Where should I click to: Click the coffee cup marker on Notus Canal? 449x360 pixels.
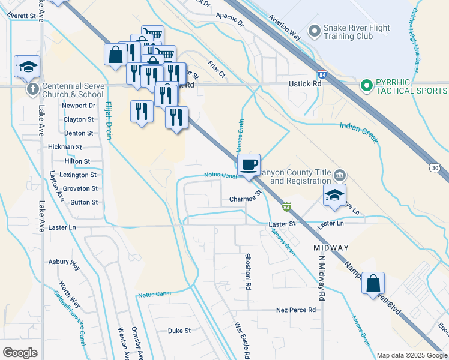point(249,164)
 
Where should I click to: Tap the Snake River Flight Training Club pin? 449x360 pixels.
point(313,31)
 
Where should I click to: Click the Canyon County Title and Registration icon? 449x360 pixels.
point(340,175)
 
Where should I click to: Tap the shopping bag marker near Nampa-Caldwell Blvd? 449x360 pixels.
point(373,283)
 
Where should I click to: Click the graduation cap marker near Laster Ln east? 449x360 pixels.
point(334,194)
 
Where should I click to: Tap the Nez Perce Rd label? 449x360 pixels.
point(295,310)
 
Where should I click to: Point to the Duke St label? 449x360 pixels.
point(179,331)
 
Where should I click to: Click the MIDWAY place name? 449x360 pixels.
point(330,248)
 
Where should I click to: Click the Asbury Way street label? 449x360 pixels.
point(64,262)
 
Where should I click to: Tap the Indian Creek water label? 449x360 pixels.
point(358,131)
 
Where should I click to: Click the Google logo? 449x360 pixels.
point(20,353)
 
